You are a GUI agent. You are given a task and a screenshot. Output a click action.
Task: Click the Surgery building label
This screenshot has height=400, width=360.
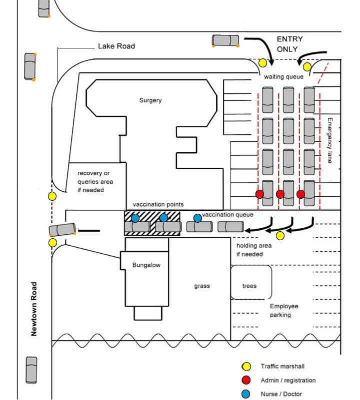click(150, 100)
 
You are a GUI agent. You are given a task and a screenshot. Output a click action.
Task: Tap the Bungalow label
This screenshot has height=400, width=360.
click(146, 265)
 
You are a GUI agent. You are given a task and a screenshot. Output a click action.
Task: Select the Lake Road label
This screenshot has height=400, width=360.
click(116, 46)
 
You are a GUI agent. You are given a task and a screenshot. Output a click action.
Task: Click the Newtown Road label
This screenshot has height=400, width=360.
click(34, 309)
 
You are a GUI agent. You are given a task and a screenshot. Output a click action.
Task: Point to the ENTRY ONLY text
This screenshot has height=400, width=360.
click(289, 44)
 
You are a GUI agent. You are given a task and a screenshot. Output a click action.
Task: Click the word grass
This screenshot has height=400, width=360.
click(202, 286)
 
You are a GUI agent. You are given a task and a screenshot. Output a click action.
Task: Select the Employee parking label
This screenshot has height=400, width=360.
click(284, 311)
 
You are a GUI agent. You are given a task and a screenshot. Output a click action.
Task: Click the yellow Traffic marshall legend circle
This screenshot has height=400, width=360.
click(245, 367)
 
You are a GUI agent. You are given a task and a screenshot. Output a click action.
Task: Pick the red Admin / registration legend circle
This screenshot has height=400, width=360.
click(245, 380)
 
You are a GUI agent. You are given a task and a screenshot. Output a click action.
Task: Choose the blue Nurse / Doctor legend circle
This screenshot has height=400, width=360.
click(245, 394)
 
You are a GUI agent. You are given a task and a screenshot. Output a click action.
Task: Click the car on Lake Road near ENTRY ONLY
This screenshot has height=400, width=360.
click(225, 40)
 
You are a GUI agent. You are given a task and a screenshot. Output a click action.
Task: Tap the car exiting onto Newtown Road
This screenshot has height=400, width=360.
click(62, 230)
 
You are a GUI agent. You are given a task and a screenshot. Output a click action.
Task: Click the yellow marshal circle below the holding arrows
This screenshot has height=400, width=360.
click(280, 236)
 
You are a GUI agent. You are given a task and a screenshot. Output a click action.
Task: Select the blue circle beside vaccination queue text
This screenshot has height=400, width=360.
click(197, 218)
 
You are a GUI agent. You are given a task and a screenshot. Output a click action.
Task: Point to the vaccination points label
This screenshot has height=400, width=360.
click(158, 204)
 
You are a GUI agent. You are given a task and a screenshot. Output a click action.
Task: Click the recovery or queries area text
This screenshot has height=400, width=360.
click(95, 181)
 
